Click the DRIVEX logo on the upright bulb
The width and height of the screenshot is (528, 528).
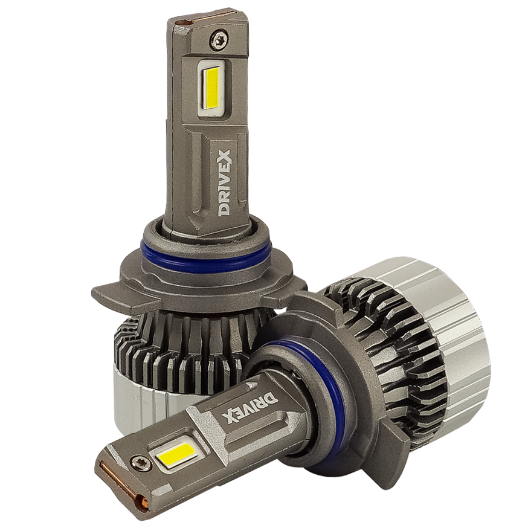click(x=224, y=183)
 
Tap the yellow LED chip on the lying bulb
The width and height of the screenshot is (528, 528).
click(x=176, y=454)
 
